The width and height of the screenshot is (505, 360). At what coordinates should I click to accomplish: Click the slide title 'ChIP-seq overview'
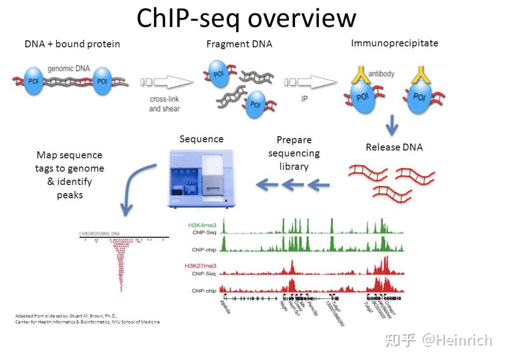click(246, 18)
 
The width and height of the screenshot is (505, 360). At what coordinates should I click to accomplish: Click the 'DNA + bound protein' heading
click(72, 44)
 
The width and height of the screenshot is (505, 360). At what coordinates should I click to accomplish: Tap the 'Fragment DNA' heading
click(239, 44)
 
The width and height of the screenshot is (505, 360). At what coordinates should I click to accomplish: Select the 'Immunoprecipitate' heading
click(394, 43)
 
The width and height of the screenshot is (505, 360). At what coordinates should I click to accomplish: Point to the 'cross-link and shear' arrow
click(167, 82)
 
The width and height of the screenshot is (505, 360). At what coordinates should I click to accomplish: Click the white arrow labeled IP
click(310, 82)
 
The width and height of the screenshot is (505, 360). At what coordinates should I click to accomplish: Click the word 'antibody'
click(381, 74)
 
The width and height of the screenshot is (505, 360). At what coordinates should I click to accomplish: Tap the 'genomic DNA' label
click(68, 68)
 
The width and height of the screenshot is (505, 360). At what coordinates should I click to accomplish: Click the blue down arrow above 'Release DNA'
click(392, 125)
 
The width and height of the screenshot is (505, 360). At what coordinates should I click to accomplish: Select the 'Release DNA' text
click(394, 147)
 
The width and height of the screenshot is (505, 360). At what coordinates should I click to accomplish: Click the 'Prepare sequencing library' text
click(294, 153)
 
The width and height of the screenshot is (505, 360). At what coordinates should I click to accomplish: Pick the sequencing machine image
click(201, 178)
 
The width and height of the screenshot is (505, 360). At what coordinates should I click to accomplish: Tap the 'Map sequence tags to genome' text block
click(70, 175)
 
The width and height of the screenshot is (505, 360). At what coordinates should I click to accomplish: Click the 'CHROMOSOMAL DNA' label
click(99, 234)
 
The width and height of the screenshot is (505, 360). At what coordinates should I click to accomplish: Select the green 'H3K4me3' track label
click(202, 225)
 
